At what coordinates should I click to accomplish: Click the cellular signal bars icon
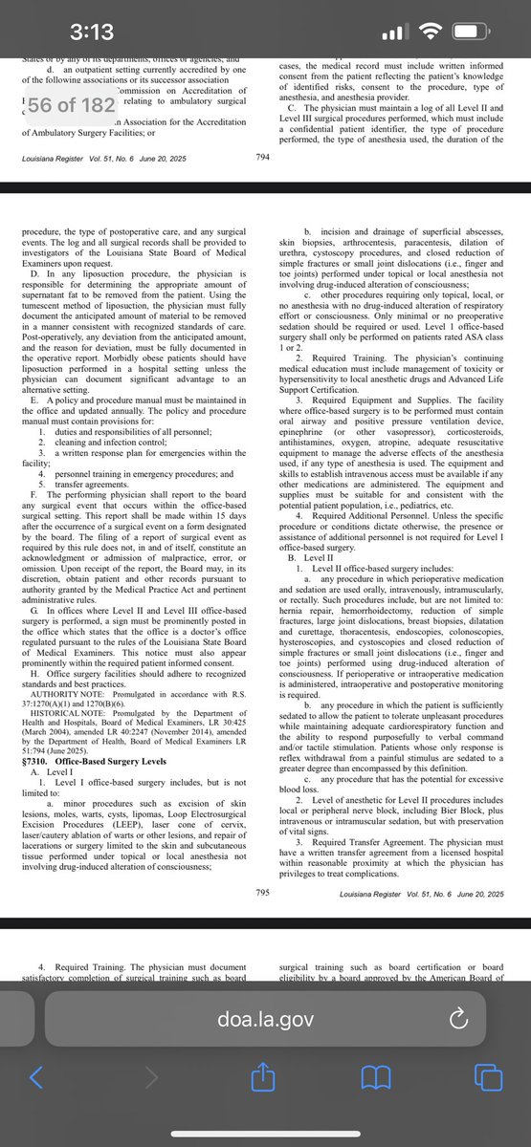point(397,33)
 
